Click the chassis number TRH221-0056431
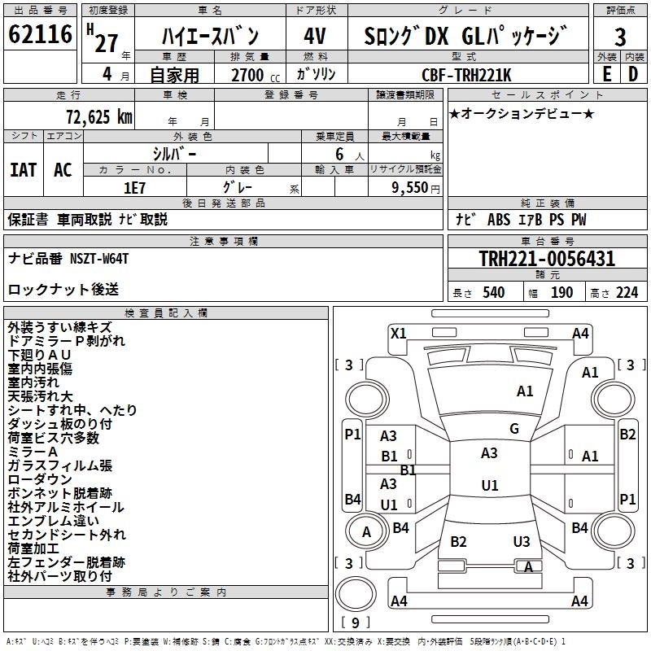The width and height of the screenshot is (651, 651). (547, 259)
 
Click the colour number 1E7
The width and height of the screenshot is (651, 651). (134, 186)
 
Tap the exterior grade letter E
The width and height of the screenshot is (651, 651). (606, 74)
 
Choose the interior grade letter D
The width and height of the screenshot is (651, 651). (633, 74)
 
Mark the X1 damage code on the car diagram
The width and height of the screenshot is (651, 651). (399, 333)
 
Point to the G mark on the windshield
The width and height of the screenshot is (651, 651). (514, 429)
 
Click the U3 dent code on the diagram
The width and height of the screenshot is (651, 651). (522, 542)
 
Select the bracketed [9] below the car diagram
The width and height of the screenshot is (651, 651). (355, 623)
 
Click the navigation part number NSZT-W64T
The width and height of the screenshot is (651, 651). (98, 258)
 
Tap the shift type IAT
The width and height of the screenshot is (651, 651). (23, 170)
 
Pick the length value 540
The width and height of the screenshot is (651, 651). (493, 293)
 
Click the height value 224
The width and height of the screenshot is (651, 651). (627, 293)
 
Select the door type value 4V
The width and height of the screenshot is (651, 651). (315, 37)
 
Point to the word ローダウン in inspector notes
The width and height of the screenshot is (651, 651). (40, 479)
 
